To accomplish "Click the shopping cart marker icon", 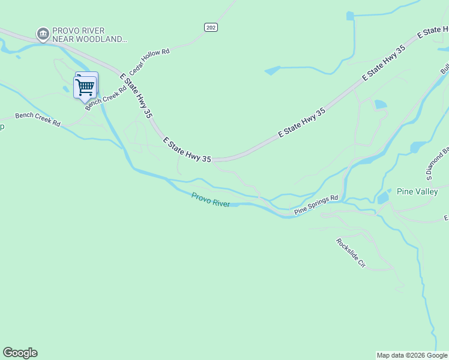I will (85, 86).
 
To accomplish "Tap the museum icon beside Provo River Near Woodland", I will (43, 34).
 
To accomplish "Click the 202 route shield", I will (210, 27).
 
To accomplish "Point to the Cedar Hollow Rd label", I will (149, 61).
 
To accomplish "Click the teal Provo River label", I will (211, 199).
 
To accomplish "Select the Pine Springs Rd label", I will (316, 205).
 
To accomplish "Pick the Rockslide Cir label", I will (351, 253).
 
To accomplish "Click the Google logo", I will (20, 353).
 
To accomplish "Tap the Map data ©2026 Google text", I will (411, 355).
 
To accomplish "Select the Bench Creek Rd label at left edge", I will (37, 119).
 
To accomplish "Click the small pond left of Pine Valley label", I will (384, 197).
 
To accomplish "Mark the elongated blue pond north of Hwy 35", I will (272, 70).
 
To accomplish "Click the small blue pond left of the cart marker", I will (67, 89).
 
